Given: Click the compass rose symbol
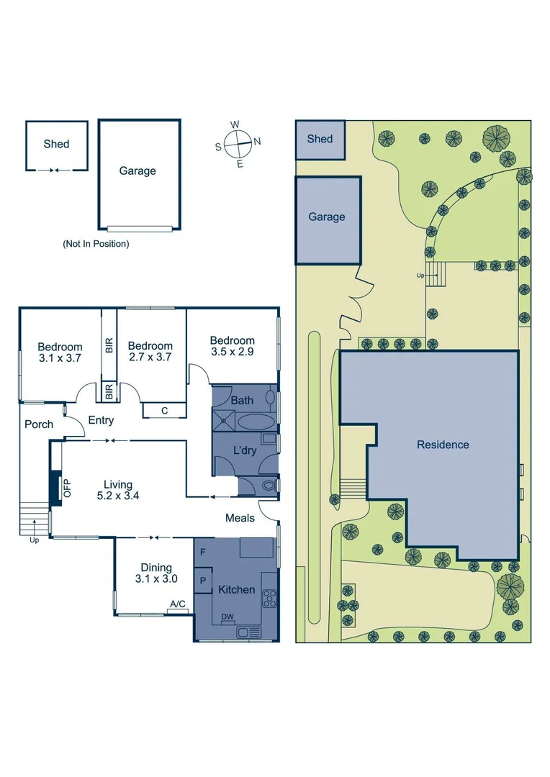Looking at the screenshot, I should [x=238, y=143].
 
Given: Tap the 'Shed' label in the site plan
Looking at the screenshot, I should [x=320, y=138].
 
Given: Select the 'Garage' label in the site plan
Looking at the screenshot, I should [x=327, y=217].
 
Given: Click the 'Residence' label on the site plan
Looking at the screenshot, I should [x=443, y=445].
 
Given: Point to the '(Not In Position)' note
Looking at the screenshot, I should [x=96, y=244].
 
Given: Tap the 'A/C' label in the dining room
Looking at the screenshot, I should [x=177, y=604].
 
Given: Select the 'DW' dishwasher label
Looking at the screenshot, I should [x=227, y=617].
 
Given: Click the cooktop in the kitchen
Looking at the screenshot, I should [x=270, y=596].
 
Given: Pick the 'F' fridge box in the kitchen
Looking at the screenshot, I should [x=204, y=553].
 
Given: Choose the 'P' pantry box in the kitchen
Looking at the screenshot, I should [x=203, y=580].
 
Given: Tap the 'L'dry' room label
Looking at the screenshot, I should [x=244, y=450].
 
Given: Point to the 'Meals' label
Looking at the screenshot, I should [x=240, y=518].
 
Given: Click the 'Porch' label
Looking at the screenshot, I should [x=39, y=424].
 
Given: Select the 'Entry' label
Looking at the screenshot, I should [x=102, y=421].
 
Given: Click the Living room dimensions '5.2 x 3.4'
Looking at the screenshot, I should [x=117, y=495].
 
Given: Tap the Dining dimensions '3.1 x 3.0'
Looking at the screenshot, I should [x=155, y=578].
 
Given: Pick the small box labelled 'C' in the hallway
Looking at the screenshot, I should [x=164, y=411].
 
